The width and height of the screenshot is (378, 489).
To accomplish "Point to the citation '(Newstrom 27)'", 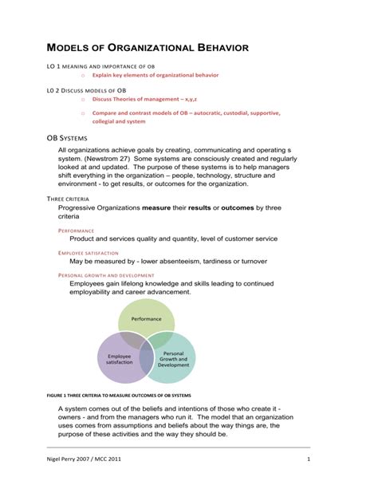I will [108, 159].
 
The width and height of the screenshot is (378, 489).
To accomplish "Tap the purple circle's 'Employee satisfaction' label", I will [120, 360].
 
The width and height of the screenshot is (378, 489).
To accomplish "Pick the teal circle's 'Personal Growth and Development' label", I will [173, 358].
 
